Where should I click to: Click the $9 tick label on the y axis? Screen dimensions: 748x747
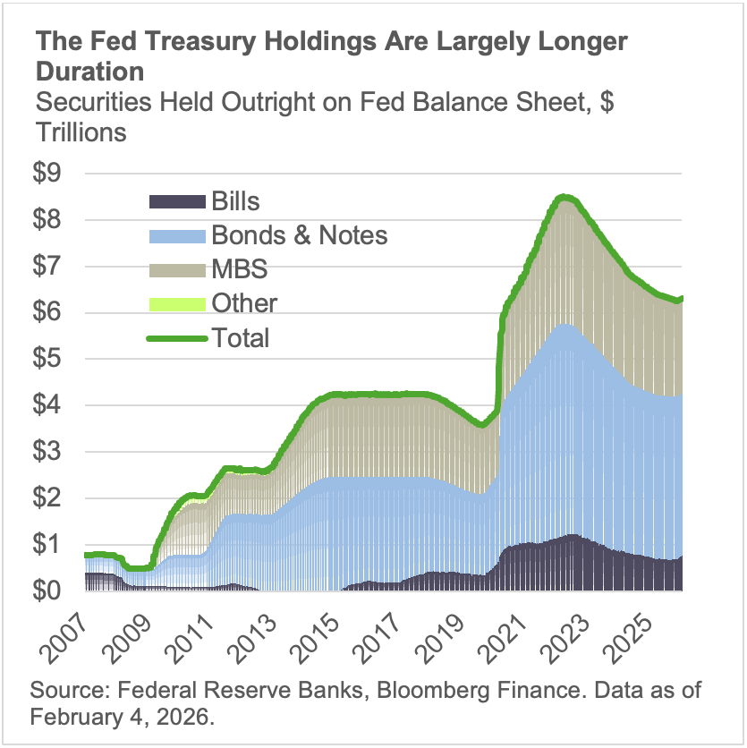tap(51, 174)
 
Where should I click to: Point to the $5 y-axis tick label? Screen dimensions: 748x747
tap(51, 359)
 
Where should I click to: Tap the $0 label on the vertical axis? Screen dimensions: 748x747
tap(51, 591)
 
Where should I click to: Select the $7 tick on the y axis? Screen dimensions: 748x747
tap(51, 267)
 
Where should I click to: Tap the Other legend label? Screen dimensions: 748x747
tap(244, 303)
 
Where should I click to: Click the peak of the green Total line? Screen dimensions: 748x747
tap(563, 197)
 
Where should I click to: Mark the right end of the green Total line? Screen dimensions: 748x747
tap(683, 298)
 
